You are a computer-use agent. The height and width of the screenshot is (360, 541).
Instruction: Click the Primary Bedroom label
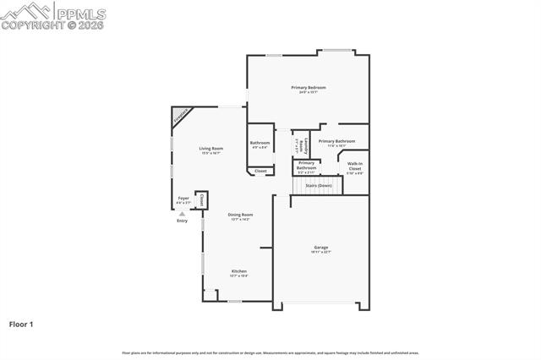[x=309, y=88]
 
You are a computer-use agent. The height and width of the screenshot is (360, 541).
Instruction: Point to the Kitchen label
[x=240, y=271]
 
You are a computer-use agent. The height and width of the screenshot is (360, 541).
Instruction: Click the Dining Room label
[x=241, y=215]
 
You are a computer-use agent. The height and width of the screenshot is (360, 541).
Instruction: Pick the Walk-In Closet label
[x=355, y=166]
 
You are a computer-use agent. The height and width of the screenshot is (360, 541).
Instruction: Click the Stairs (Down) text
[x=318, y=185]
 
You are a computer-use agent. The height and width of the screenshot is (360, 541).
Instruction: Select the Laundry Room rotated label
[x=296, y=145]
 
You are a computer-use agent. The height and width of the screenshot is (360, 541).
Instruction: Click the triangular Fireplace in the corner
[x=180, y=116]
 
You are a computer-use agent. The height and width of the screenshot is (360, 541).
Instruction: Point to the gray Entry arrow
[x=182, y=214]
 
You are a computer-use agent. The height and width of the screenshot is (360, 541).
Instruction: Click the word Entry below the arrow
[x=182, y=221]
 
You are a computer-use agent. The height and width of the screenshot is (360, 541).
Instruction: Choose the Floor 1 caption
[x=21, y=324]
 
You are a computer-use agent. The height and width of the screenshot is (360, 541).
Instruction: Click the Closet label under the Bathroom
[x=260, y=171]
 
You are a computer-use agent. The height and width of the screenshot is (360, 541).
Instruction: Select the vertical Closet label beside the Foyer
[x=202, y=199]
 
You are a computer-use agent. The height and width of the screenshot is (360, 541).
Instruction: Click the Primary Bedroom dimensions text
[x=309, y=93]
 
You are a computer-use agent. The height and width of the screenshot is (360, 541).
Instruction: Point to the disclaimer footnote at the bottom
[x=270, y=352]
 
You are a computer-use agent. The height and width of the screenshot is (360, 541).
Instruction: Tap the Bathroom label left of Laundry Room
[x=260, y=143]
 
